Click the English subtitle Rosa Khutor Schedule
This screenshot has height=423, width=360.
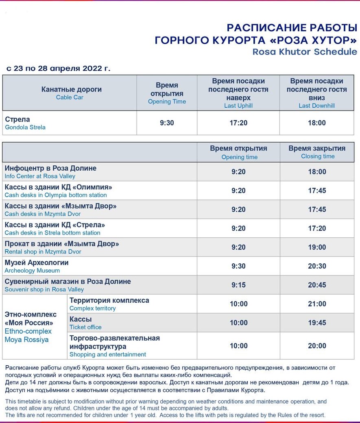[x=305, y=52]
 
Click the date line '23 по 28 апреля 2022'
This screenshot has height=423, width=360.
[x=58, y=68]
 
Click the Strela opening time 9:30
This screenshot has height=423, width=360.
[x=167, y=123]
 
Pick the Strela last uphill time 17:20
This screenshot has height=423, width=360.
[x=238, y=123]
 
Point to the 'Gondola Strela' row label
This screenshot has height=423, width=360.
[x=25, y=127]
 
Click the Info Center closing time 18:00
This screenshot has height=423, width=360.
[x=317, y=172]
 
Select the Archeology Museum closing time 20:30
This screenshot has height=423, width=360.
[x=317, y=266]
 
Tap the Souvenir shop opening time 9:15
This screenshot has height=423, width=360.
[x=238, y=285]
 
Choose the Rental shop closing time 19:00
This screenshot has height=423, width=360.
[x=317, y=247]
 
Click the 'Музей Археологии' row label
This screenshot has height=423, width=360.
[x=37, y=262]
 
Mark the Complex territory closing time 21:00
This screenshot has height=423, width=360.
[x=317, y=304]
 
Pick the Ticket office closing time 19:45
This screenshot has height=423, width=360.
[x=317, y=323]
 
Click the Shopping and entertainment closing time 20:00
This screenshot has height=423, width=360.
[x=317, y=346]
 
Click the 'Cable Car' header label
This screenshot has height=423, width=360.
[x=70, y=98]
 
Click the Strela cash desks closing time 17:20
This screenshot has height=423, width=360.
[x=317, y=228]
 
